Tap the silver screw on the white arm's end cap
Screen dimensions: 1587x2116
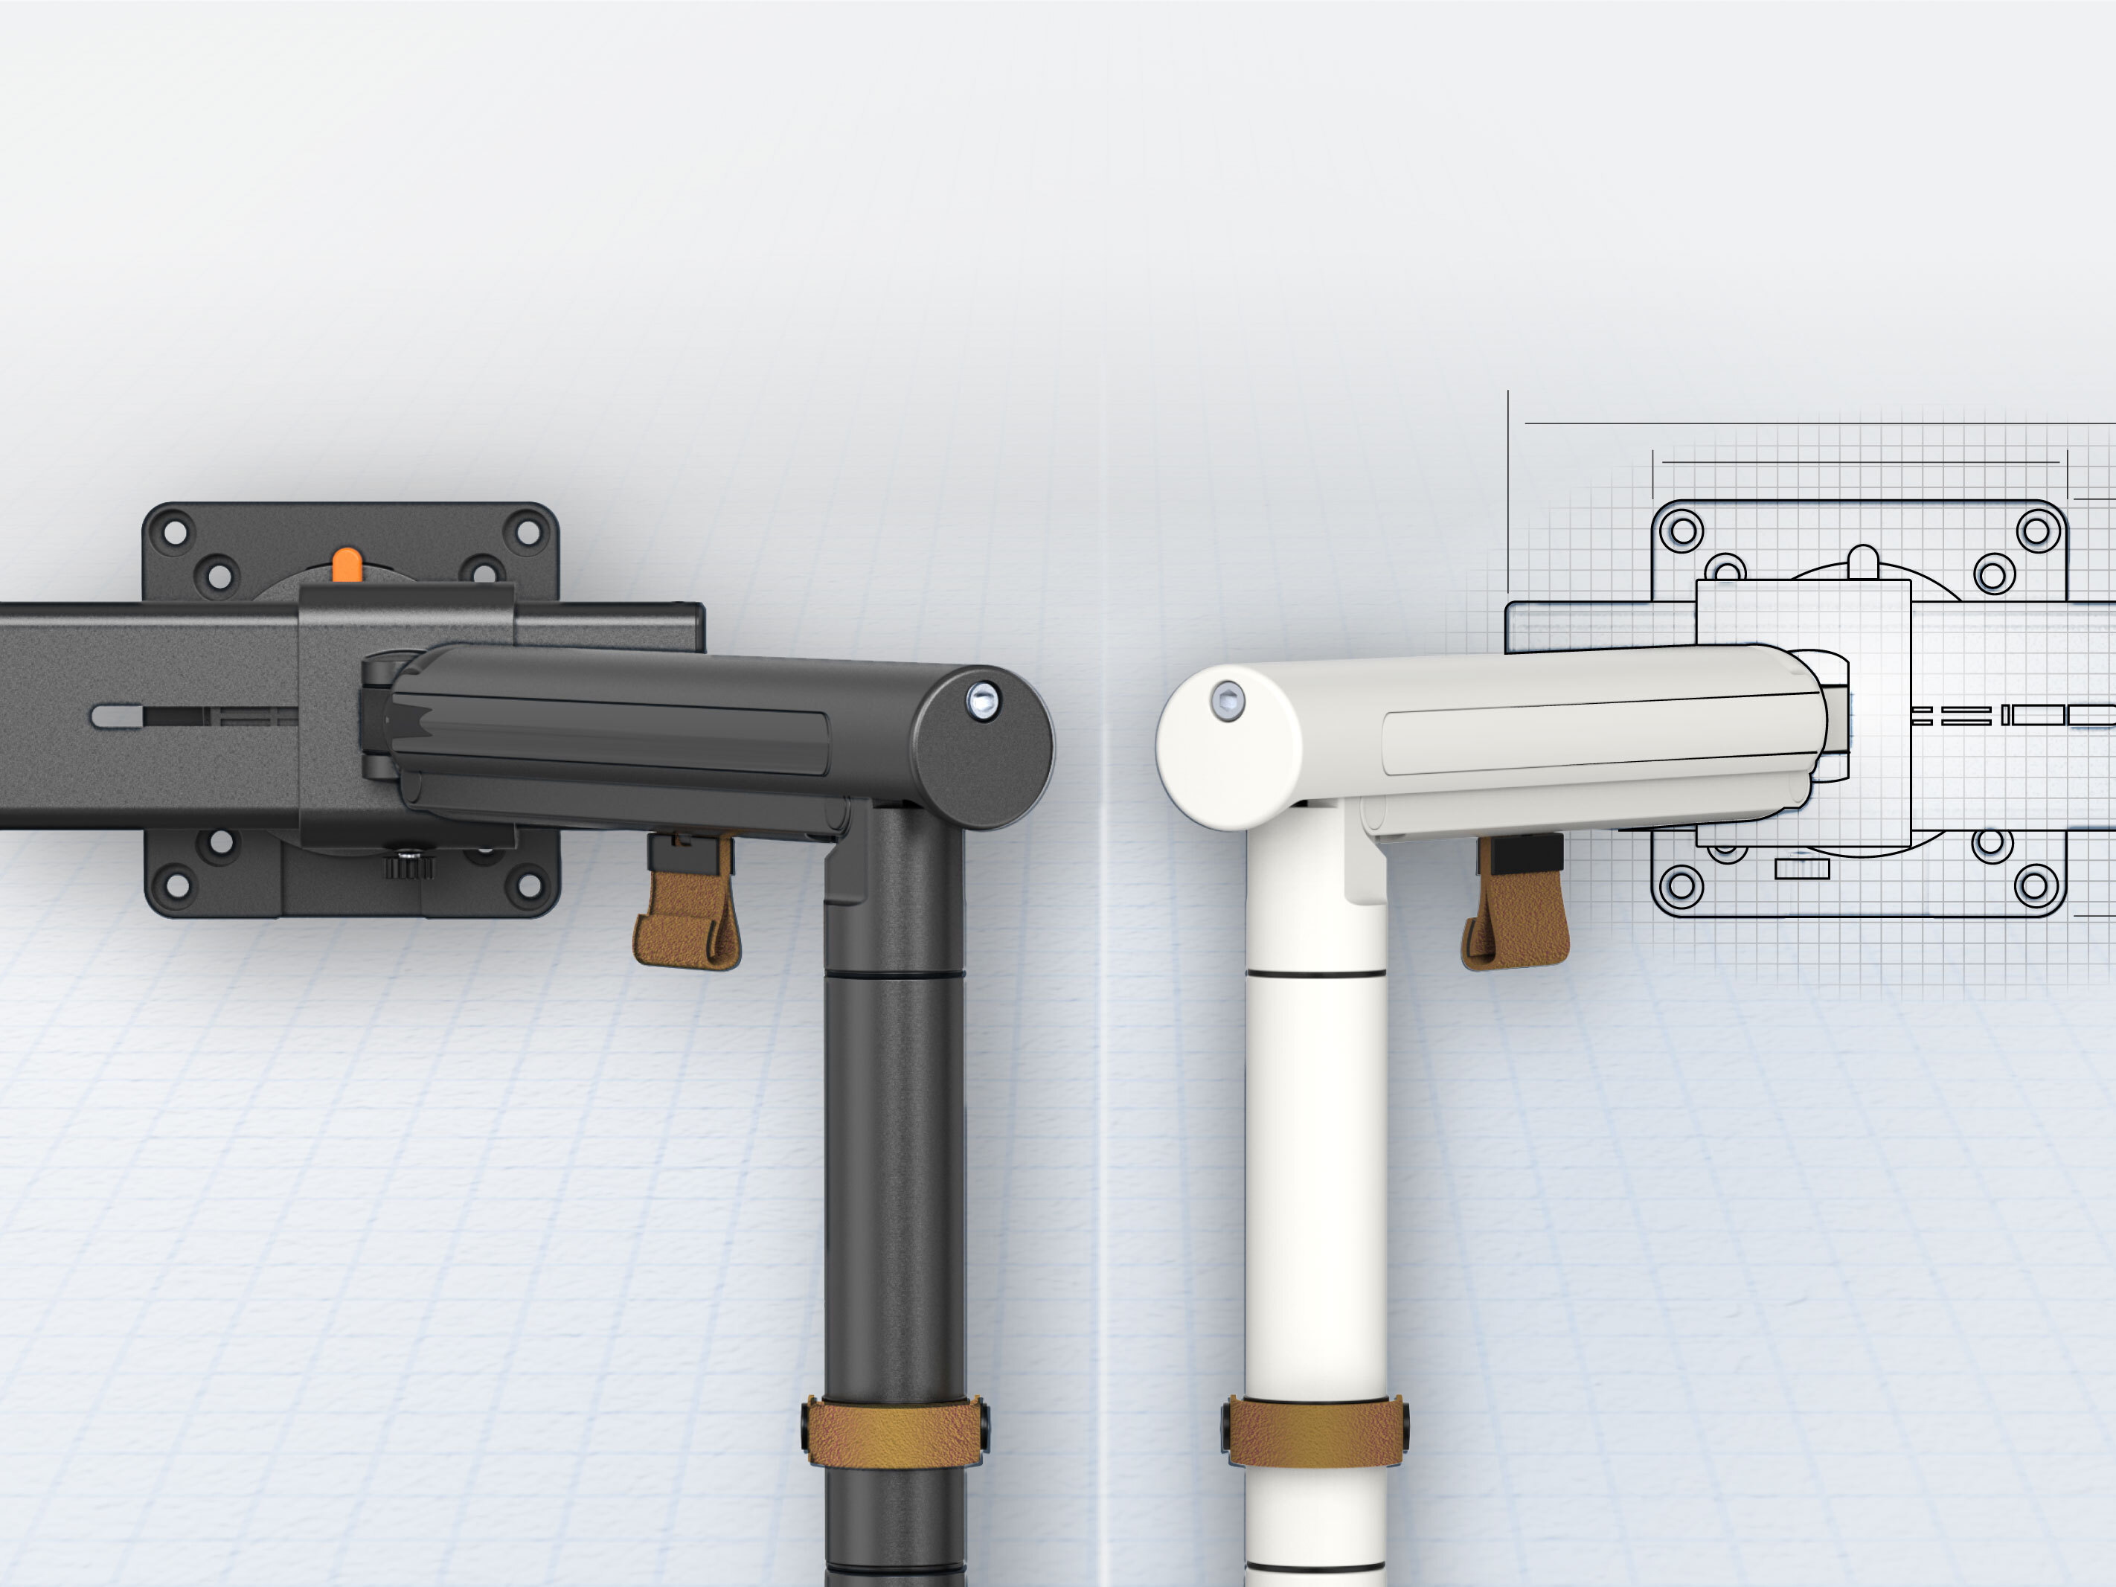pyautogui.click(x=1228, y=701)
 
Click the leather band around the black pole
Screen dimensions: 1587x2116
pyautogui.click(x=894, y=1433)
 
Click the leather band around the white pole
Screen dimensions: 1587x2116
pyautogui.click(x=1315, y=1433)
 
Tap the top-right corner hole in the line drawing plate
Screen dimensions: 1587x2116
pyautogui.click(x=2038, y=530)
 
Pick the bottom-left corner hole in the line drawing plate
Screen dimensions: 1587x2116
pyautogui.click(x=1681, y=885)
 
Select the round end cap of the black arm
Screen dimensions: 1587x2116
pyautogui.click(x=981, y=746)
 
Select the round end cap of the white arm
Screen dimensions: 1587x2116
pyautogui.click(x=1229, y=746)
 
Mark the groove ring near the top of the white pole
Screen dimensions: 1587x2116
pyautogui.click(x=1315, y=975)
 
